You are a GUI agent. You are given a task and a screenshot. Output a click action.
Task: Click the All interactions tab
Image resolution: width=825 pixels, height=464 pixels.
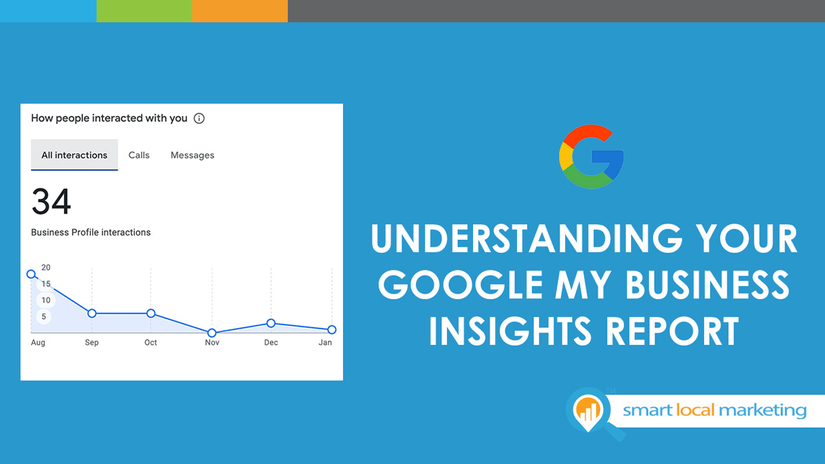74,155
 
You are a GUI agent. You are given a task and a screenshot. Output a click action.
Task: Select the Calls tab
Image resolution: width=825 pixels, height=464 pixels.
139,155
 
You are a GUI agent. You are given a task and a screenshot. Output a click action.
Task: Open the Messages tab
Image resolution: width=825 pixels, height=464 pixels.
192,155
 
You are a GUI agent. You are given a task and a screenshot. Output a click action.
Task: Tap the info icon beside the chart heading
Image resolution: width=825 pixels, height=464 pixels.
199,118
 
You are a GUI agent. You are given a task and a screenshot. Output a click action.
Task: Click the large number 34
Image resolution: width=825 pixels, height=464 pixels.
52,202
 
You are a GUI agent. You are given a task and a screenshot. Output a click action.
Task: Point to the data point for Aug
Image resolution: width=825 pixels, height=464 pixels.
31,274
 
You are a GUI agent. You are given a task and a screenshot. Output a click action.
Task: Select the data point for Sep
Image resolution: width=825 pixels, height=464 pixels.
91,313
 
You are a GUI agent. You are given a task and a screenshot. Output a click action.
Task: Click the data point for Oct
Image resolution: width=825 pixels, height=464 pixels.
151,313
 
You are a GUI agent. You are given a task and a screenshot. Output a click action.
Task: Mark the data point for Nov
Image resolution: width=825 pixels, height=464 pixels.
212,333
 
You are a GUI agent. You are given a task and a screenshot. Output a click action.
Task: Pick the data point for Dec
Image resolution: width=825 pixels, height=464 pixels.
271,323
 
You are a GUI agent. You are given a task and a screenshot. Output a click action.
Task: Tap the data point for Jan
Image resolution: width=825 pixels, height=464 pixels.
331,330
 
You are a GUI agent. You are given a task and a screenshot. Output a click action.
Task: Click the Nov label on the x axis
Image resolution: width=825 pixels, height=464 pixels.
212,342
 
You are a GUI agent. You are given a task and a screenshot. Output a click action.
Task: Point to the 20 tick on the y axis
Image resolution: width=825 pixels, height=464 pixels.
46,267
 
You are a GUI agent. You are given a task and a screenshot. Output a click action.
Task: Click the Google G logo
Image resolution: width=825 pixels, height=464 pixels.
591,157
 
